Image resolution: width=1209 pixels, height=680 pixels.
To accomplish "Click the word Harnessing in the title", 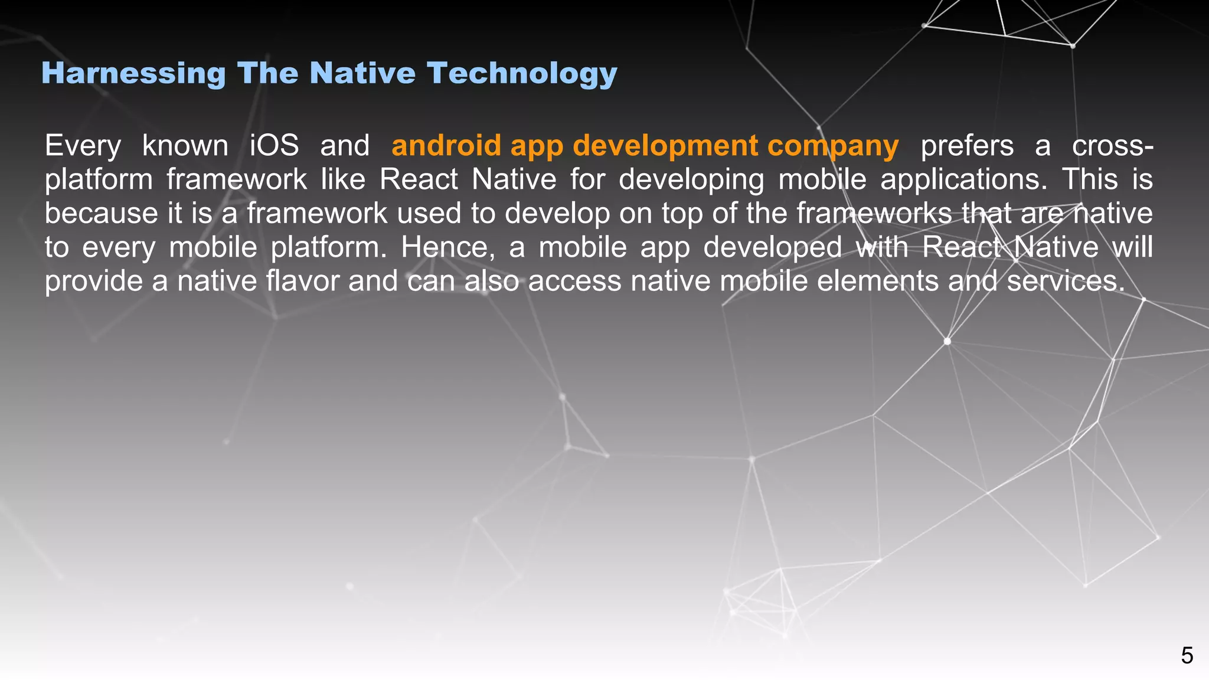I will pyautogui.click(x=133, y=74).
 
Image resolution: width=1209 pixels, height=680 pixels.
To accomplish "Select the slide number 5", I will pyautogui.click(x=1187, y=656).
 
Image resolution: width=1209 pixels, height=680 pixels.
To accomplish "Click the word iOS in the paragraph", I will pyautogui.click(x=274, y=146).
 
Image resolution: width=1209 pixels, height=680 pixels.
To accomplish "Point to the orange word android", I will pyautogui.click(x=446, y=146).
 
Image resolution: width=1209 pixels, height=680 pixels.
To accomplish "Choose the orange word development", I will pyautogui.click(x=665, y=146).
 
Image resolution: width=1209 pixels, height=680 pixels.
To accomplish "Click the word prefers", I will pyautogui.click(x=967, y=146).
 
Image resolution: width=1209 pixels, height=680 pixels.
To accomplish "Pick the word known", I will pyautogui.click(x=185, y=146).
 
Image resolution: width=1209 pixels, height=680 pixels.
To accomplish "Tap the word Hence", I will pyautogui.click(x=448, y=247).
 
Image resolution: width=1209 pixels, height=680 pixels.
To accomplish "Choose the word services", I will pyautogui.click(x=1066, y=281).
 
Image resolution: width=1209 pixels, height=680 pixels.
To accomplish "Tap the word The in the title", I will pyautogui.click(x=267, y=74).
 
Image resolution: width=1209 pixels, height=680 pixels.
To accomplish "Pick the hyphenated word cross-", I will pyautogui.click(x=1112, y=146).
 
